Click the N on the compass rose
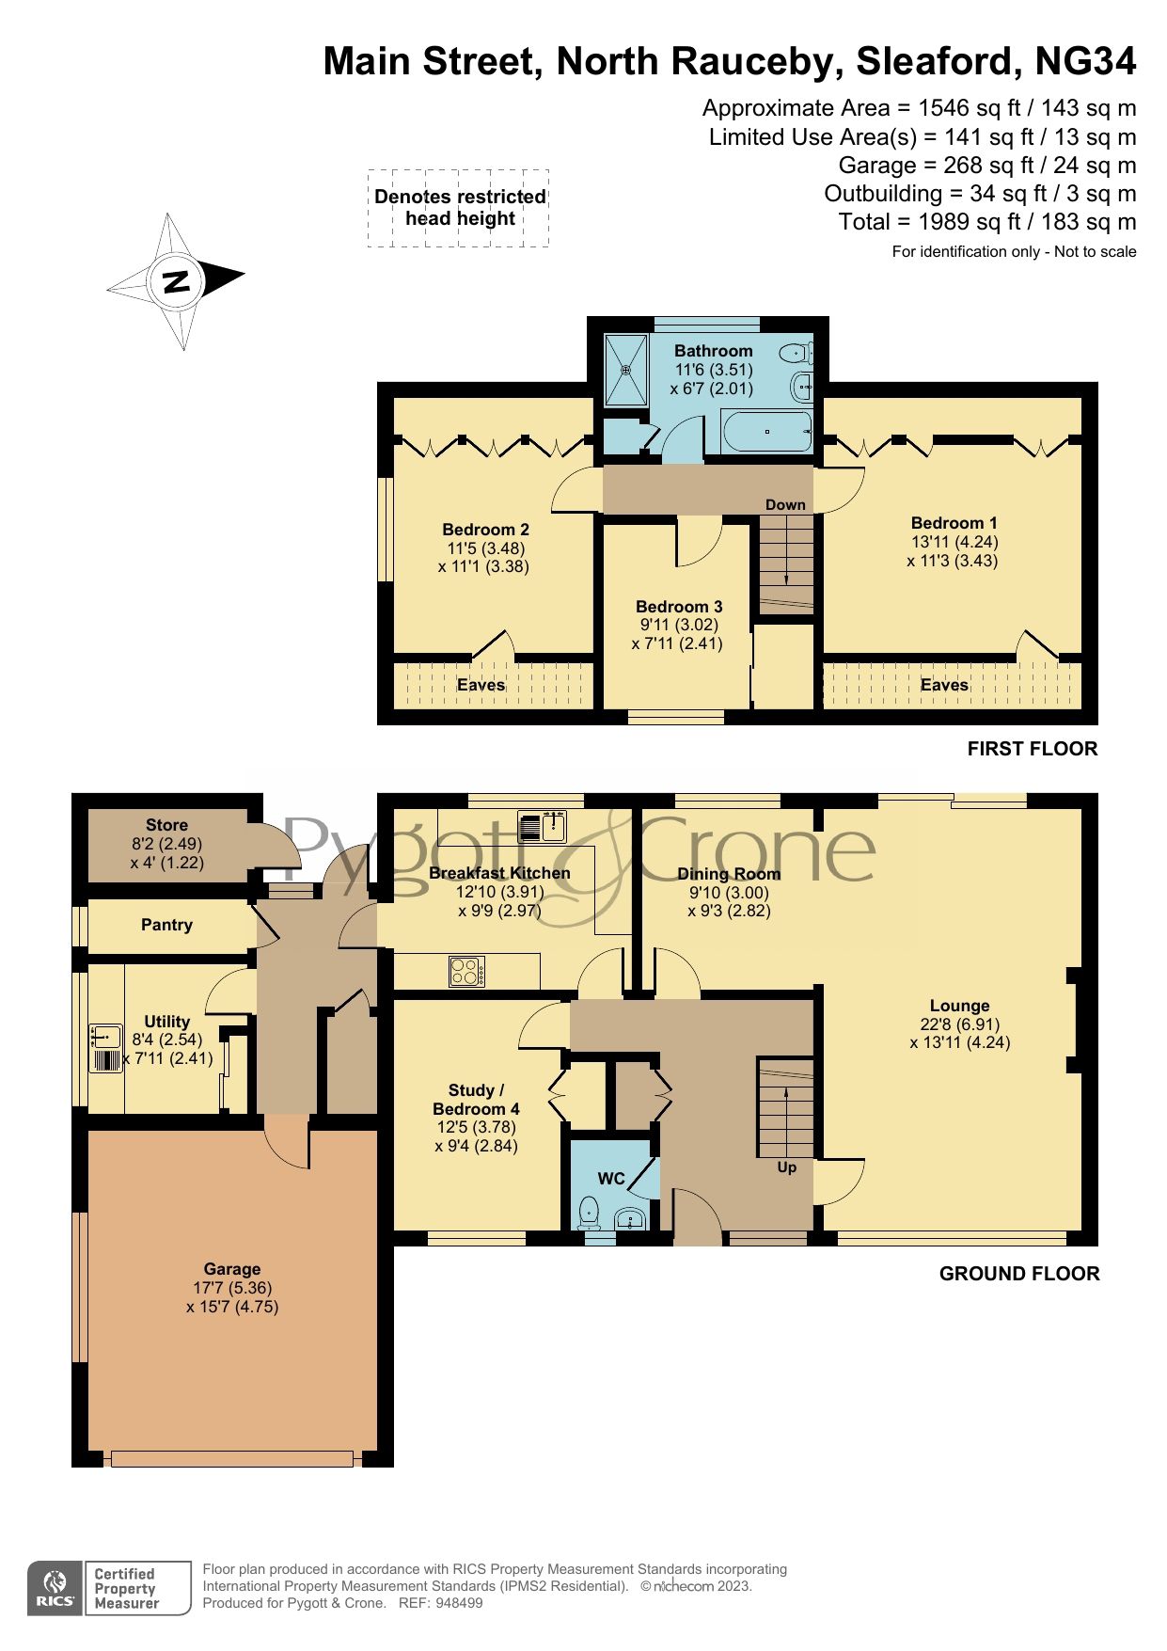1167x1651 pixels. point(176,281)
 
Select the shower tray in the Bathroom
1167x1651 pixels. point(625,369)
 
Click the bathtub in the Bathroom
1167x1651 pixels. point(766,432)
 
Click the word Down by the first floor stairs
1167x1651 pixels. point(785,505)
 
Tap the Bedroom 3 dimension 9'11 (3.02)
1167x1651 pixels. point(677,625)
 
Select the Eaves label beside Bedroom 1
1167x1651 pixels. point(944,685)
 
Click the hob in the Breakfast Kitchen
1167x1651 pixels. point(467,971)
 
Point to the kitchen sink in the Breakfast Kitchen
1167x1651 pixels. point(543,826)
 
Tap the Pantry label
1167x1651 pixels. point(166,925)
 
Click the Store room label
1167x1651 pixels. point(166,825)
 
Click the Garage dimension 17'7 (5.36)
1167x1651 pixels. point(232,1288)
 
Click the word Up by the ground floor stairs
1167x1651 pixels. point(786,1167)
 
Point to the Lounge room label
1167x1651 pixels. point(959,1006)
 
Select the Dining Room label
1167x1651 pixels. point(729,874)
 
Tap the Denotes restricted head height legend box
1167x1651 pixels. point(459,208)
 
